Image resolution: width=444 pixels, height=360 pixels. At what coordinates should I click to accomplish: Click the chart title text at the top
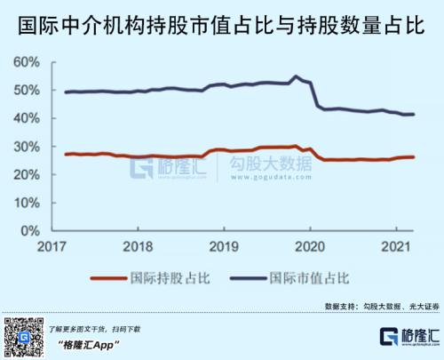pyautogui.click(x=222, y=21)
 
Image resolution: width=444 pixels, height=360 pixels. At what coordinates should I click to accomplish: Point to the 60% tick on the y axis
pyautogui.click(x=27, y=62)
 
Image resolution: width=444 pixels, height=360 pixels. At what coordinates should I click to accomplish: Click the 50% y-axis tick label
pyautogui.click(x=27, y=91)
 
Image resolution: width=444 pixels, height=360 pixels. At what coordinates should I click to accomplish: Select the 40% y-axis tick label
pyautogui.click(x=27, y=119)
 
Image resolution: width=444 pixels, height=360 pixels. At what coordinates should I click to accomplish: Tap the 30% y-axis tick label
pyautogui.click(x=27, y=147)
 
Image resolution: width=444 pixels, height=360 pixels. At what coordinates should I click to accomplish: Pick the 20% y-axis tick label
pyautogui.click(x=27, y=175)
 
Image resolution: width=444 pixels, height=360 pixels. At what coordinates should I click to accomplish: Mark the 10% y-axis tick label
pyautogui.click(x=27, y=203)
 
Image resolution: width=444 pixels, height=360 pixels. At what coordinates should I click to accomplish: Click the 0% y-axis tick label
pyautogui.click(x=29, y=231)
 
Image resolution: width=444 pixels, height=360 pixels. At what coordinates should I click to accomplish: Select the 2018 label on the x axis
pyautogui.click(x=138, y=246)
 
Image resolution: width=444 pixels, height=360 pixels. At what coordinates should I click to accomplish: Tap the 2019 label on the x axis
pyautogui.click(x=224, y=246)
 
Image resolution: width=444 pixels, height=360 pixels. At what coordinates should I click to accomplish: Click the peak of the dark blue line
pyautogui.click(x=296, y=76)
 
